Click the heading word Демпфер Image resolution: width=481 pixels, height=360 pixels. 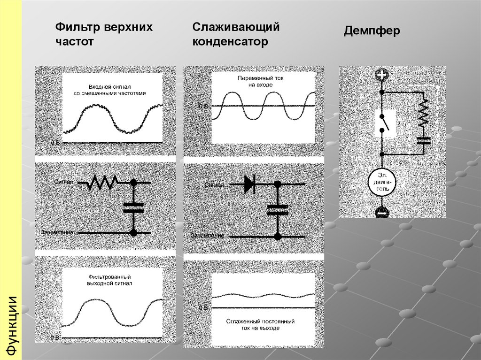[372, 32]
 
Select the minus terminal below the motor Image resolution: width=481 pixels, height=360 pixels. [382, 212]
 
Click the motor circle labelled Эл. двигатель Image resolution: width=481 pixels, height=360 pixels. [382, 182]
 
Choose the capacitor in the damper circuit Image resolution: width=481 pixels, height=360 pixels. [424, 140]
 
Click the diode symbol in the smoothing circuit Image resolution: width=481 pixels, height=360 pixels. [249, 184]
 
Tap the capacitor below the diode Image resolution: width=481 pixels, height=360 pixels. [277, 209]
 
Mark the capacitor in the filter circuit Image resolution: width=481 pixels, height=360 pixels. [133, 208]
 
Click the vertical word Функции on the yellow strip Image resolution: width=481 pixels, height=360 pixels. [11, 324]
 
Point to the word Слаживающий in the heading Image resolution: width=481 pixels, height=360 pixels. [236, 27]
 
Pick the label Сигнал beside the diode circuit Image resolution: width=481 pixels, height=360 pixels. [216, 185]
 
